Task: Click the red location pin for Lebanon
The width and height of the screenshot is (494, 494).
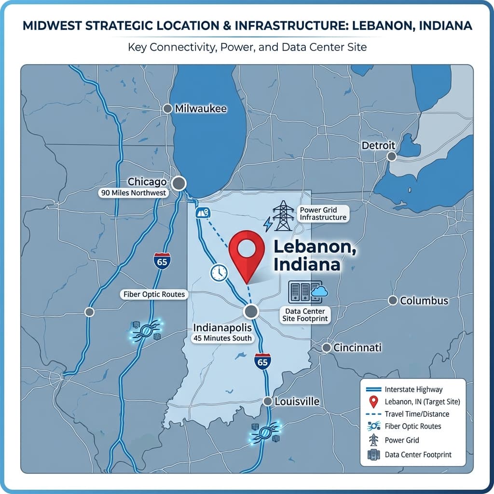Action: [246, 251]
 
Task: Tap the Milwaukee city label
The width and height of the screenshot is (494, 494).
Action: [200, 109]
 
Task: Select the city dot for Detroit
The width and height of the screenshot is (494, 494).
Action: [392, 156]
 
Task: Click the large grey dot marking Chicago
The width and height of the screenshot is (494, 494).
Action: [179, 183]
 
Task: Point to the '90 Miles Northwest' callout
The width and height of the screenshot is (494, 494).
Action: [133, 193]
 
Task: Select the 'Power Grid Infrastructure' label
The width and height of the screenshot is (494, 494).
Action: [323, 213]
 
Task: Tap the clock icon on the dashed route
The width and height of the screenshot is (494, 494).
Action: [219, 273]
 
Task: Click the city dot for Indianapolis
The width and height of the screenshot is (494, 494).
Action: [250, 311]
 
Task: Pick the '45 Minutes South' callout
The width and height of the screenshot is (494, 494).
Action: [222, 338]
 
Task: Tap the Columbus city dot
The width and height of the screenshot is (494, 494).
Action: [393, 301]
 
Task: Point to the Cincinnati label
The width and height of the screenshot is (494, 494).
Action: [357, 347]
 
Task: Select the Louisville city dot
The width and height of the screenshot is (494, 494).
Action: [268, 401]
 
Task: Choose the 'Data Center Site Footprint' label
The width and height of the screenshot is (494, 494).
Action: [305, 316]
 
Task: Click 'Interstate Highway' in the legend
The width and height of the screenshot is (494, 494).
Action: [413, 389]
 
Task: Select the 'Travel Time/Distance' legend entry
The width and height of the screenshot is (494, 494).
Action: [417, 414]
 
